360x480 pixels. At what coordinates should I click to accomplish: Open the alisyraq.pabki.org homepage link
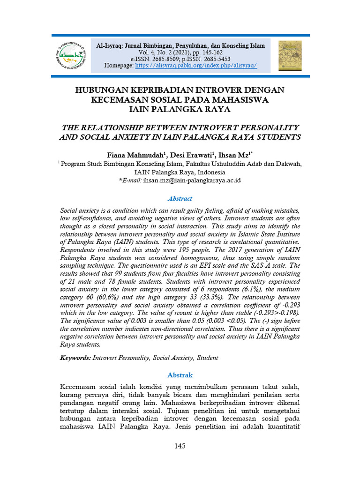tap(196, 66)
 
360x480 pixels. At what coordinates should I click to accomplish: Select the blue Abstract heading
tap(180, 198)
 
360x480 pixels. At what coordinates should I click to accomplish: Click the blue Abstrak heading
tap(180, 375)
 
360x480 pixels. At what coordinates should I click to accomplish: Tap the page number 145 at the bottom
tap(180, 446)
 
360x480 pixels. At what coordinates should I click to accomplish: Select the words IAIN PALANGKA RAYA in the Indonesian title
tap(180, 109)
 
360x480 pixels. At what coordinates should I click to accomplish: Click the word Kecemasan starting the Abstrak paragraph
tap(80, 388)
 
